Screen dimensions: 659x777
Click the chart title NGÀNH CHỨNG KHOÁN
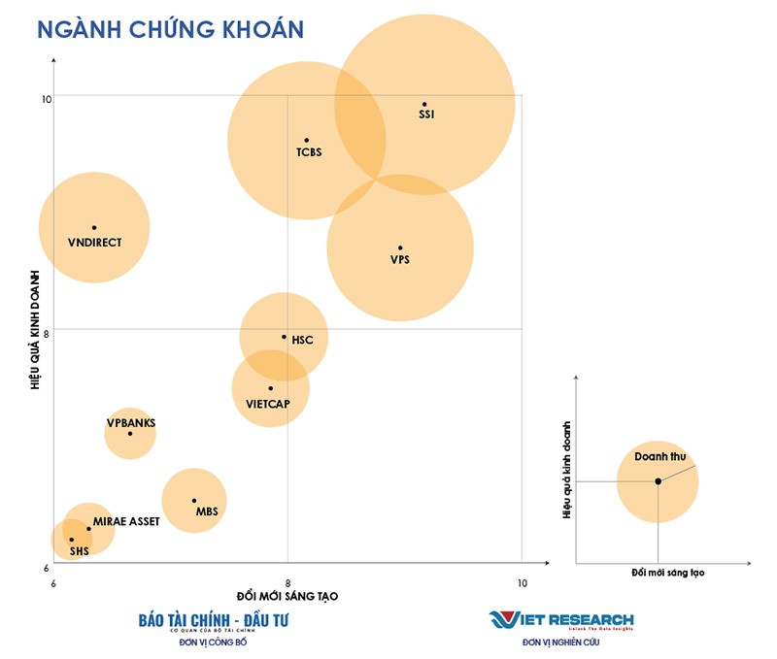pyautogui.click(x=171, y=28)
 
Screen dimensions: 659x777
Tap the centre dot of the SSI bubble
pyautogui.click(x=424, y=104)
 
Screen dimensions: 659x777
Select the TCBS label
pyautogui.click(x=309, y=152)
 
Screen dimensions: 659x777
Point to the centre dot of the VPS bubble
pyautogui.click(x=400, y=247)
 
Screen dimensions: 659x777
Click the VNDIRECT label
pyautogui.click(x=95, y=243)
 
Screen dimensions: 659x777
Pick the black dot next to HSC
pyautogui.click(x=285, y=337)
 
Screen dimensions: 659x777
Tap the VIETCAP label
pyautogui.click(x=269, y=404)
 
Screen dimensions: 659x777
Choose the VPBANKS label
pyautogui.click(x=131, y=423)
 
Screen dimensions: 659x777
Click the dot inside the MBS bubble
pyautogui.click(x=194, y=501)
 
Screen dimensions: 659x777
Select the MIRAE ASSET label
pyautogui.click(x=126, y=521)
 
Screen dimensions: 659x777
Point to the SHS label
pyautogui.click(x=79, y=551)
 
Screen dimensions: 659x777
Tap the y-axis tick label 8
pyautogui.click(x=47, y=333)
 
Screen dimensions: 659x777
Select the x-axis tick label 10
pyautogui.click(x=522, y=582)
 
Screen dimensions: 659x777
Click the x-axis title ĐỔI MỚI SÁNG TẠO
pyautogui.click(x=288, y=595)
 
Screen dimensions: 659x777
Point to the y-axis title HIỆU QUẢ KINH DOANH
pyautogui.click(x=36, y=330)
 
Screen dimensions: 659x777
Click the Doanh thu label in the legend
pyautogui.click(x=659, y=456)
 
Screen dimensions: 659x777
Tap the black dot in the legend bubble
pyautogui.click(x=658, y=481)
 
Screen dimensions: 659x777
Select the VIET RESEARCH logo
pyautogui.click(x=561, y=619)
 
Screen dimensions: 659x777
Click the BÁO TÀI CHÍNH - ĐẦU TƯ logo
pyautogui.click(x=215, y=619)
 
